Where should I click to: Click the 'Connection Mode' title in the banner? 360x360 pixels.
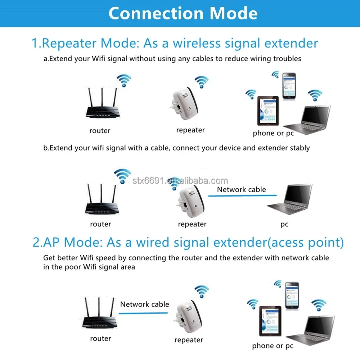coord(183,13)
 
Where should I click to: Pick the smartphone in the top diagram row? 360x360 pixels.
coord(289,86)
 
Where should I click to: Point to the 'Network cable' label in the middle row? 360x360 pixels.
coord(241,189)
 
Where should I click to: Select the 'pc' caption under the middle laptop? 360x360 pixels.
coord(284,224)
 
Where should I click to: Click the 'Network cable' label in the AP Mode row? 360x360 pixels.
coord(144,304)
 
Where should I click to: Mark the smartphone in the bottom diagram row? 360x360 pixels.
coord(292,295)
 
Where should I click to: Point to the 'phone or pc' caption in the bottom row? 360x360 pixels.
coord(273,346)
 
